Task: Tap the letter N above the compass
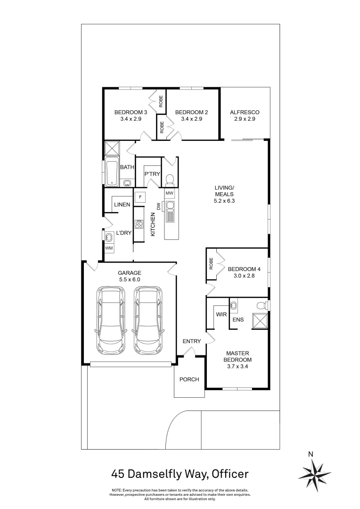[x=311, y=454]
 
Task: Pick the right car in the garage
[x=147, y=320]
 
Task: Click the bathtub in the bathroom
[x=112, y=172]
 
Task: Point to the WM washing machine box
[x=109, y=248]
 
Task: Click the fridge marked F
[x=140, y=197]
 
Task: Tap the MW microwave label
[x=170, y=193]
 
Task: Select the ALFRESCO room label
[x=245, y=112]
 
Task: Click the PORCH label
[x=189, y=379]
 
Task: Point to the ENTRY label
[x=192, y=341]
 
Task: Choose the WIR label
[x=221, y=314]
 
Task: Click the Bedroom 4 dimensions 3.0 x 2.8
[x=244, y=276]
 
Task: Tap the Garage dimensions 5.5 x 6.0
[x=130, y=279]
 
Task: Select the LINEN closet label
[x=122, y=205]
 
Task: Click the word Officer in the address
[x=230, y=474]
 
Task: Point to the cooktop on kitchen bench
[x=139, y=224]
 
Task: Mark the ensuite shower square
[x=260, y=321]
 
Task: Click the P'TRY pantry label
[x=152, y=174]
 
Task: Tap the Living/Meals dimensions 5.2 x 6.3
[x=224, y=201]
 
